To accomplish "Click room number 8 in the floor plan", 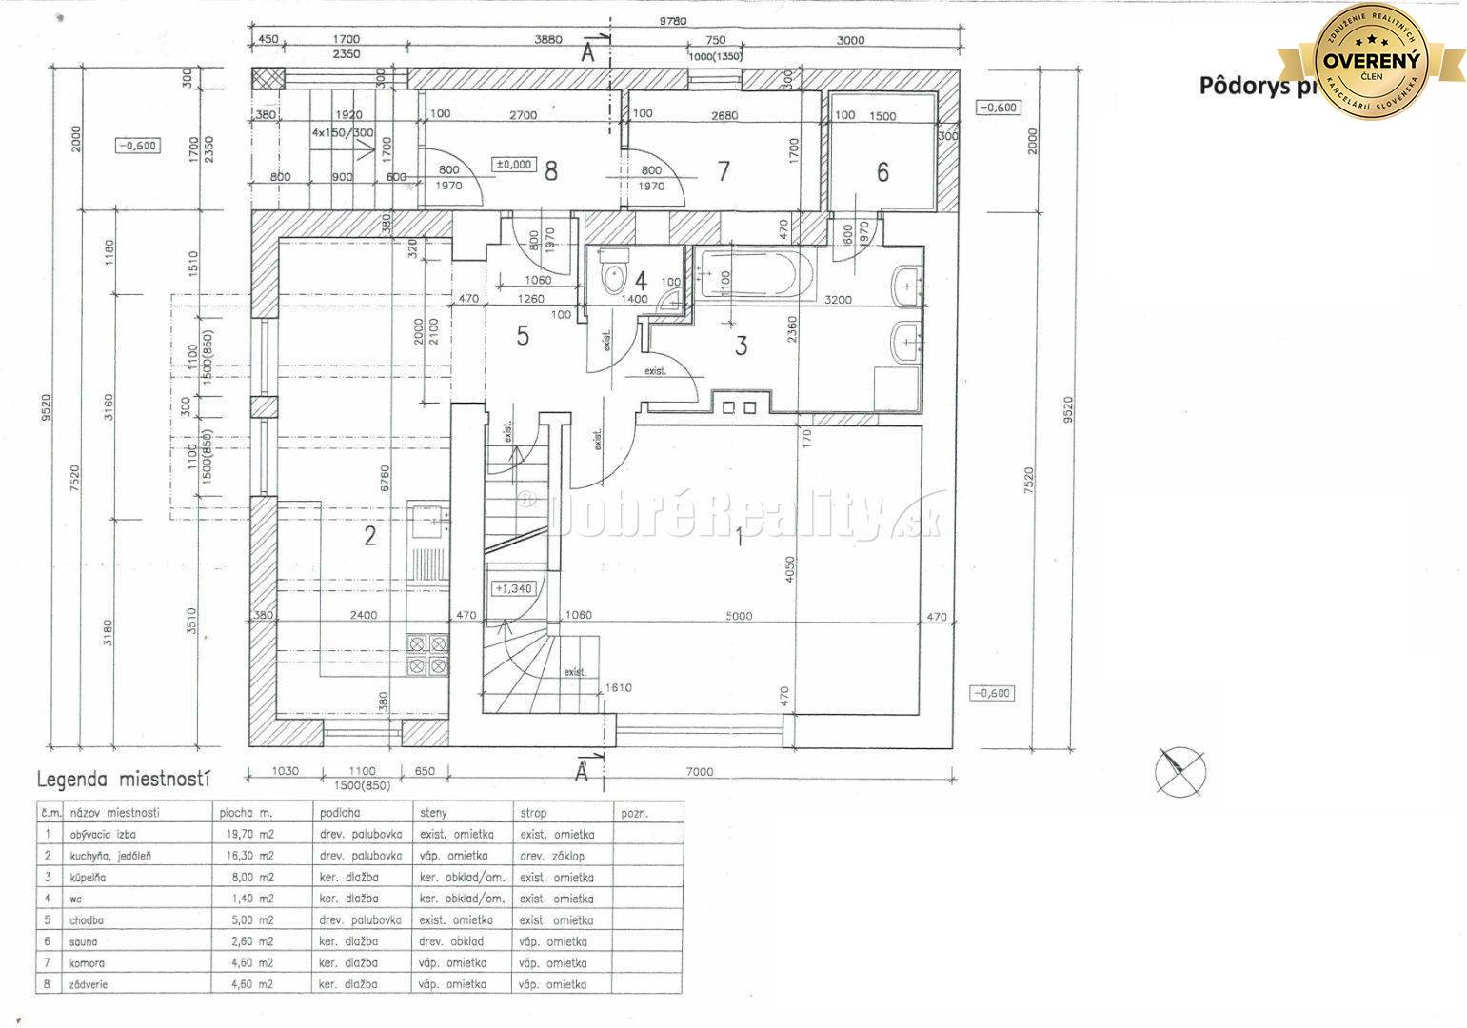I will point(550,171).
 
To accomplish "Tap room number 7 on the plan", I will point(724,171).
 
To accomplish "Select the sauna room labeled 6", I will point(882,172).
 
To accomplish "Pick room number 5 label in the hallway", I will point(523,336).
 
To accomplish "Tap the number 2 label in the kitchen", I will point(370,536).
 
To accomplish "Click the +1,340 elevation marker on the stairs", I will point(513,588).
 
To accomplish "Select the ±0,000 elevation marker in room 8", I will point(512,164).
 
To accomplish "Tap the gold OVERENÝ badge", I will point(1371,62).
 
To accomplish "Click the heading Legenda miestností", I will point(122,780).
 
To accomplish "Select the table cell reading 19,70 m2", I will point(247,834).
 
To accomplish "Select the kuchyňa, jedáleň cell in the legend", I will point(110,856).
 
